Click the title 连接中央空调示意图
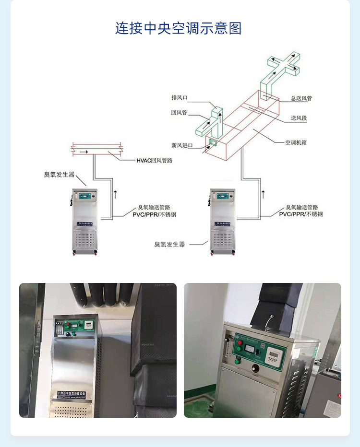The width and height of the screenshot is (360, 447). pos(178,28)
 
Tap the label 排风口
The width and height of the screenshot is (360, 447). pos(179,97)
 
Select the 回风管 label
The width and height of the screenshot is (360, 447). pos(179,113)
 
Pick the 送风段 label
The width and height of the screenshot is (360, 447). pos(299,118)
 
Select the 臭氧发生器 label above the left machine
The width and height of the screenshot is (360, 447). pos(60,174)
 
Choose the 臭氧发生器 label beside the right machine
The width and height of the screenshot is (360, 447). pos(169,244)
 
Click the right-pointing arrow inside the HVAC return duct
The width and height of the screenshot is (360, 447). pos(84,152)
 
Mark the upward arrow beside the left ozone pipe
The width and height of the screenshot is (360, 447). pos(115,194)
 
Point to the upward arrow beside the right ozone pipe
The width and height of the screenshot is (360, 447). pos(263,194)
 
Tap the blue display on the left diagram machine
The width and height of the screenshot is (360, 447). pos(84,195)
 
